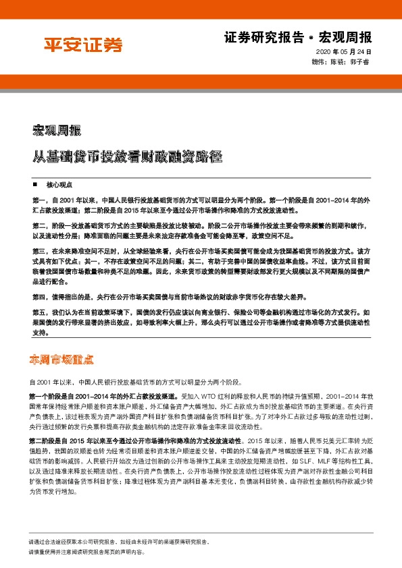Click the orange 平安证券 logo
point(84,45)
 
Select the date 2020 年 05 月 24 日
point(343,52)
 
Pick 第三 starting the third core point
point(39,250)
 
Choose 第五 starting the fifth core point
point(39,314)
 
